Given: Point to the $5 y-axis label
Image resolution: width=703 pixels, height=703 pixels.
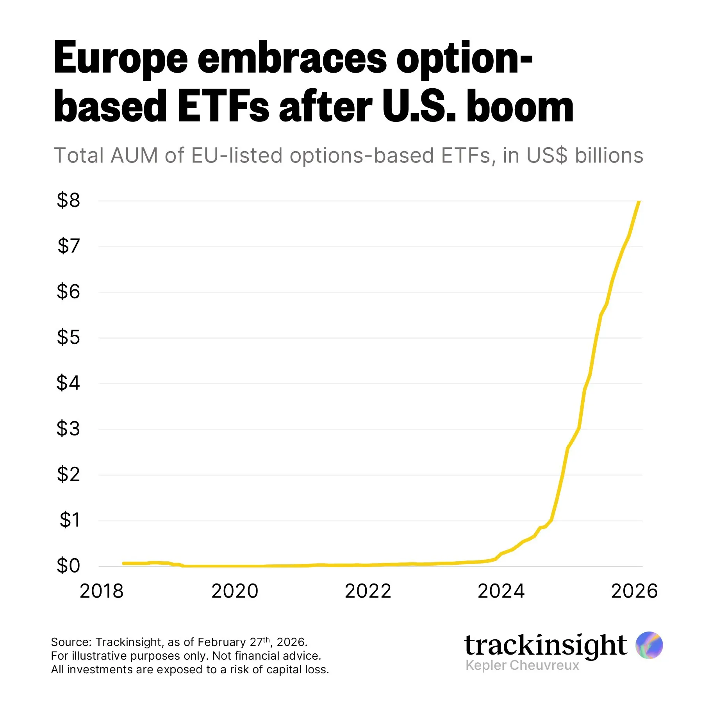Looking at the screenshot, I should point(68,337).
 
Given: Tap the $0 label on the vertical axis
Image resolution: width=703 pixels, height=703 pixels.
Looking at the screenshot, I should point(68,566).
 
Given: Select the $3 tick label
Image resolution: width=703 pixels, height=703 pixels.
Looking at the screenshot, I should point(68,428).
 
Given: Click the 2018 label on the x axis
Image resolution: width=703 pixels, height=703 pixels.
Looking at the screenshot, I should point(102,591).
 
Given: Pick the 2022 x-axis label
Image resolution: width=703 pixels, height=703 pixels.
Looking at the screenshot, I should point(368,591).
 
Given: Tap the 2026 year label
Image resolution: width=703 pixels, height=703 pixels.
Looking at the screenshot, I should point(634,591).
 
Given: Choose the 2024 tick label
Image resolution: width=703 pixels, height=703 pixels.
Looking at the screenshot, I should point(501,591).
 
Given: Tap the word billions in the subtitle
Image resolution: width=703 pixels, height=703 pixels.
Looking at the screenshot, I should point(609,155).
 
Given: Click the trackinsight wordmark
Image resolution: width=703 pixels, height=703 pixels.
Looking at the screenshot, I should point(545,645).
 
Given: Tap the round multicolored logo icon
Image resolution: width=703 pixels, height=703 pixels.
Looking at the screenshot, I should point(649,645).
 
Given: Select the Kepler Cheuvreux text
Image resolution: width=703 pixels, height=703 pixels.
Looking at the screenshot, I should point(522,665).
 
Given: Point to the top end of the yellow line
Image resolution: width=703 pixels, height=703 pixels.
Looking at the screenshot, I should point(639,202).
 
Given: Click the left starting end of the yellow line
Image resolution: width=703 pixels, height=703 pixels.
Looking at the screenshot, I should point(123,563).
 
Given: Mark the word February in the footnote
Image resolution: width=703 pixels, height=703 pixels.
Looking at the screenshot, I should point(222,642).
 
